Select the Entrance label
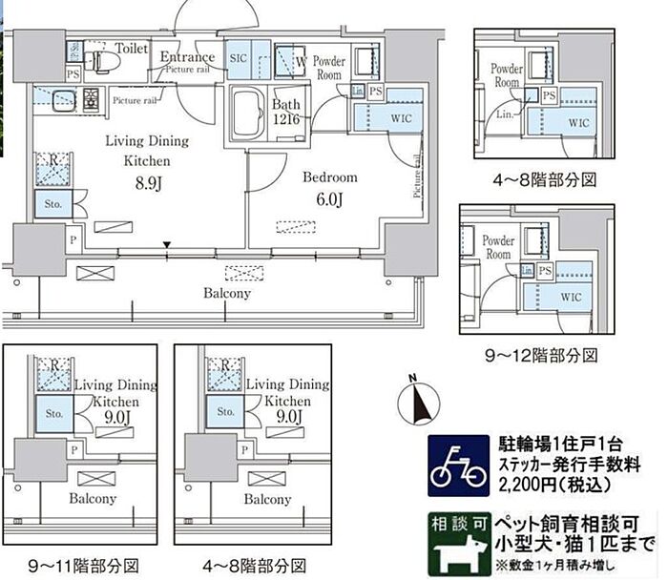(x=187, y=56)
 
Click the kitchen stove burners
(x=93, y=98)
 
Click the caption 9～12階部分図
(x=541, y=356)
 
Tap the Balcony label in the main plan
(x=226, y=293)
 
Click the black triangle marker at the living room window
(x=168, y=246)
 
